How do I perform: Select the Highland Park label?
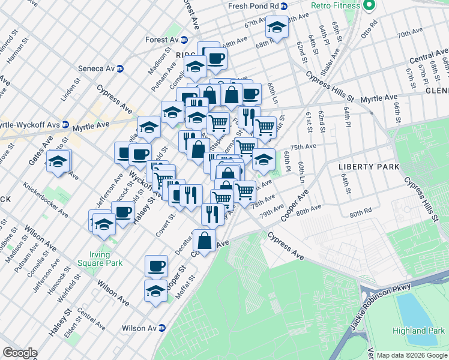418,331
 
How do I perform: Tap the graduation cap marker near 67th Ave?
276,28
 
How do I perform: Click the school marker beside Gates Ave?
58,162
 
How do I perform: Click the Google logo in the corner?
20,353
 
